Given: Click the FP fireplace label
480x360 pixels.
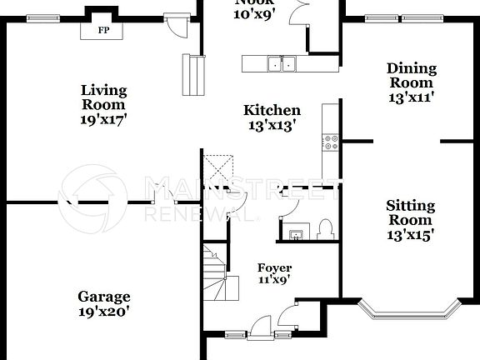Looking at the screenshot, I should (103, 30).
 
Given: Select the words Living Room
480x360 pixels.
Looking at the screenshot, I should (103, 97).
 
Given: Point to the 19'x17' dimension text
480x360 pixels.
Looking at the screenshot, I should (103, 119).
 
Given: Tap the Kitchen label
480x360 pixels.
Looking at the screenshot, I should (272, 110).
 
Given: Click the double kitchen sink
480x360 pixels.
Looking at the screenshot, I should (282, 64).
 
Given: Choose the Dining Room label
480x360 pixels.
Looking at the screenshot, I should (410, 76).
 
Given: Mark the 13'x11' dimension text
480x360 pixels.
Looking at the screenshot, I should (410, 97).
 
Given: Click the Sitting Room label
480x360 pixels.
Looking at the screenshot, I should (409, 212).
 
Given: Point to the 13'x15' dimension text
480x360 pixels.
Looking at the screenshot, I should (409, 234).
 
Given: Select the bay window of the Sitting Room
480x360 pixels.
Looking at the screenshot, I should (409, 310).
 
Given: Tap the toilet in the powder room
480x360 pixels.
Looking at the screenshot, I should (325, 228).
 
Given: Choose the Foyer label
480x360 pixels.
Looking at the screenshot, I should (274, 267).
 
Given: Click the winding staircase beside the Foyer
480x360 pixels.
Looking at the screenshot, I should (215, 275).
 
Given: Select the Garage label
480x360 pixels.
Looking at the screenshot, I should (104, 297).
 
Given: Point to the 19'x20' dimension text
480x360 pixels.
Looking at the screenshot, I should (104, 312).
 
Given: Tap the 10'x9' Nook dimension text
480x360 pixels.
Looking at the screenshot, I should (253, 14).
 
